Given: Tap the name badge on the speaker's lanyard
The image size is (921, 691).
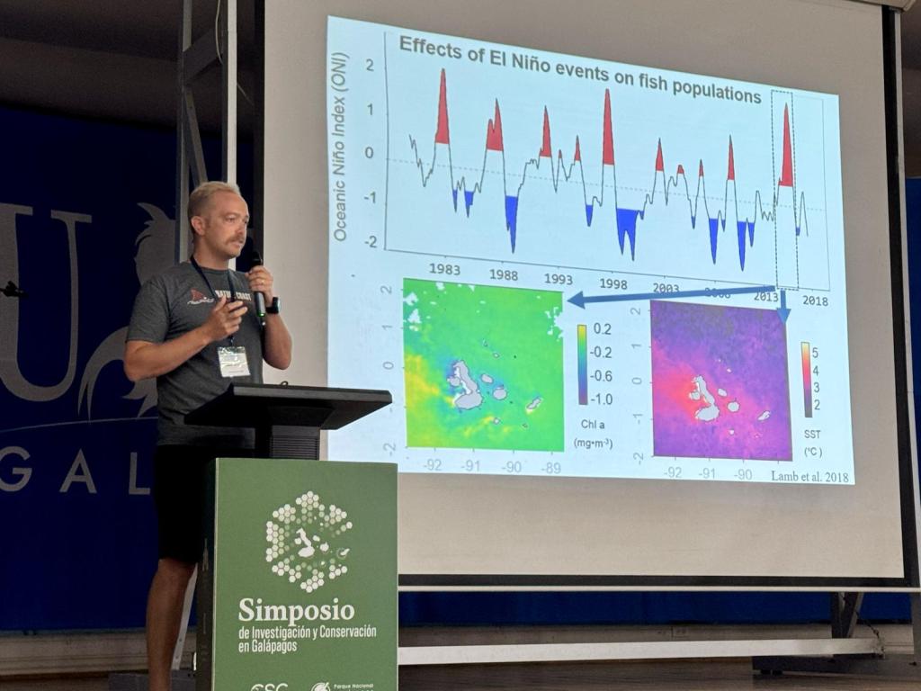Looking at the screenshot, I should coord(233,361).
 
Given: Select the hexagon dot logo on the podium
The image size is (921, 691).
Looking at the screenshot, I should coord(308,541).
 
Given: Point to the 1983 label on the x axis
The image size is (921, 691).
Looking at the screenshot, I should coord(444,269).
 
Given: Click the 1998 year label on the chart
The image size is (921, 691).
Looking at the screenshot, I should coord(613,283).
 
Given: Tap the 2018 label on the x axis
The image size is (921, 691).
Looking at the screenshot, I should coord(815,300).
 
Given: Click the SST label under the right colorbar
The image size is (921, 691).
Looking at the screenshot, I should coord(810,434).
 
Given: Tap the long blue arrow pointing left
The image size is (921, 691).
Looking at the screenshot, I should coord(666,295).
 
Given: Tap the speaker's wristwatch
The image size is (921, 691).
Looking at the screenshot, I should coord(273,305).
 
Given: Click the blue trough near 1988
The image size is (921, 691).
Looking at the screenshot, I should coord(512,220).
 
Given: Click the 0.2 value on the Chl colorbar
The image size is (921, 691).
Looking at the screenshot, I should coord(603,329).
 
